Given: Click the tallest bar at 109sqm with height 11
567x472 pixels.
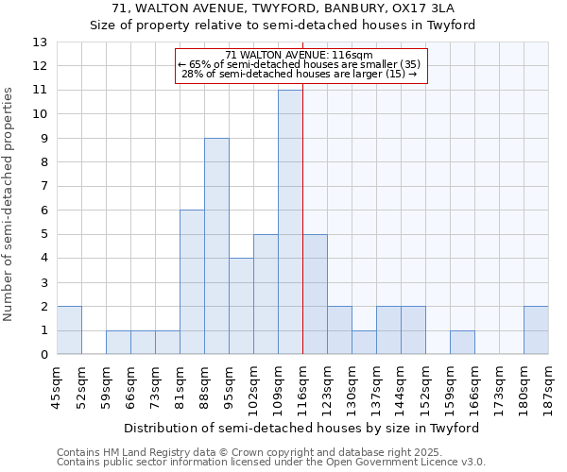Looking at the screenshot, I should (x=290, y=222).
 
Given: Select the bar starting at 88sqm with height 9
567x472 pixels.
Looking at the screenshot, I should (x=216, y=246).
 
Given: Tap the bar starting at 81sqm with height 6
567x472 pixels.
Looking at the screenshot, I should (x=192, y=282).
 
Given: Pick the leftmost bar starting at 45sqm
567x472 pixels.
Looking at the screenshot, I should (x=69, y=330).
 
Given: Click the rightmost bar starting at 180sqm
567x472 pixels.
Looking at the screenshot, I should (x=536, y=330).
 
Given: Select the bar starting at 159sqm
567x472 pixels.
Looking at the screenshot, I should (x=462, y=343).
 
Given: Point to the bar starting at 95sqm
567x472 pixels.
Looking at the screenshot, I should (x=241, y=307).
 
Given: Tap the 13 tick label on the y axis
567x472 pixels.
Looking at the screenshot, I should (x=40, y=42).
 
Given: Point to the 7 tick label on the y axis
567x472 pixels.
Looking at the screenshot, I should (x=43, y=186).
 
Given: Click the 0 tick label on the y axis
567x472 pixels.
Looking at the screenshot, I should (x=43, y=355).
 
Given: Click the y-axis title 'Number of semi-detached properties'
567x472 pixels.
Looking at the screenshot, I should (x=9, y=203).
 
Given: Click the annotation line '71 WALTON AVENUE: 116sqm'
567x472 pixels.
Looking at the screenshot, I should (x=300, y=56).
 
